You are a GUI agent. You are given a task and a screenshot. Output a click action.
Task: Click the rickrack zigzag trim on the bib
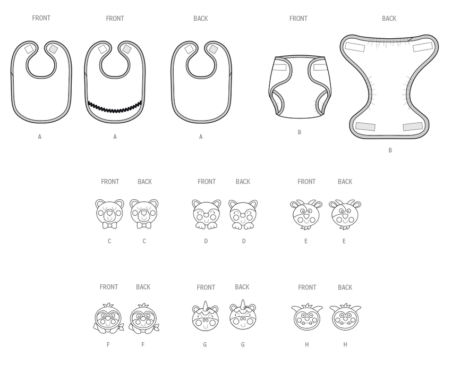[x=115, y=108]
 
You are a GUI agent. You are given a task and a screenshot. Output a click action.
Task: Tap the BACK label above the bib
[x=201, y=19]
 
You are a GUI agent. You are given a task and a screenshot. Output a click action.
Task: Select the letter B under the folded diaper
[x=300, y=132]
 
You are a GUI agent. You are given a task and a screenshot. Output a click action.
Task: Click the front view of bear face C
[x=109, y=214]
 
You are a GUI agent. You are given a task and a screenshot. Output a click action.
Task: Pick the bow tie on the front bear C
[x=109, y=225]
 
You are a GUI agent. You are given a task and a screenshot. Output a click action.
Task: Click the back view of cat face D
[x=243, y=215]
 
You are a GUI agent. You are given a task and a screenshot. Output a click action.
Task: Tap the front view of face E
[x=306, y=215]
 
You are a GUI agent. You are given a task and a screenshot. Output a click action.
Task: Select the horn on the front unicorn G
[x=206, y=306]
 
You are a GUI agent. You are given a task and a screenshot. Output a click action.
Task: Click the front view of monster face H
[x=306, y=317]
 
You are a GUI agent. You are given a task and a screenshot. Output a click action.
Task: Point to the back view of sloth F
[x=143, y=318]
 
